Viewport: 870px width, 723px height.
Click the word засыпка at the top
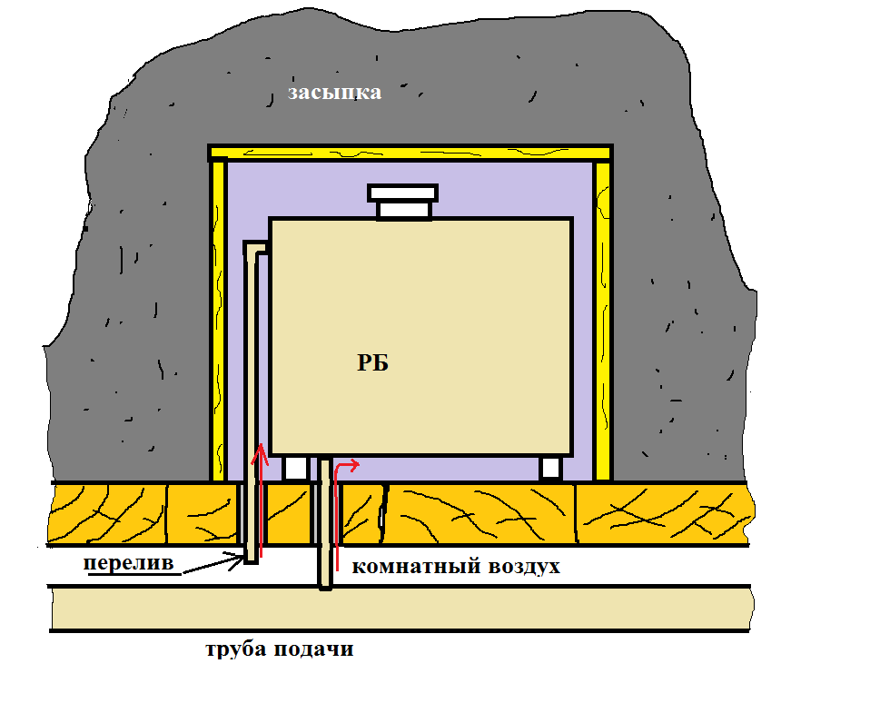[x=335, y=93]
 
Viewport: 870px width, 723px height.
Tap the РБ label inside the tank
[x=372, y=363]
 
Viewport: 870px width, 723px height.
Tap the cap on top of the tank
[x=403, y=202]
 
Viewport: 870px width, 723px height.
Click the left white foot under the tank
[x=297, y=469]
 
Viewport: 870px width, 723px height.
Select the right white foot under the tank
[x=550, y=469]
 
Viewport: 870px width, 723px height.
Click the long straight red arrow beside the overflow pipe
[x=262, y=500]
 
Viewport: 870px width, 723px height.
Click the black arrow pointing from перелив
[x=211, y=566]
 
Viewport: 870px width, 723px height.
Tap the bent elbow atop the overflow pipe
[x=257, y=247]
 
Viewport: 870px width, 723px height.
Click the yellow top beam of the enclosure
[x=410, y=153]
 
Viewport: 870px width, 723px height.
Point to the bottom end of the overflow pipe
[x=252, y=556]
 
